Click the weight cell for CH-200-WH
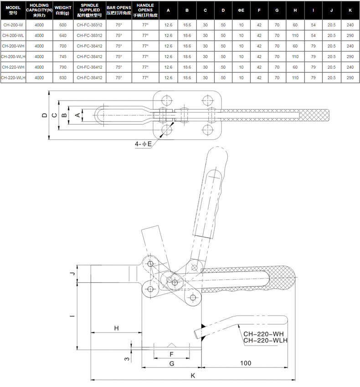pyautogui.click(x=63, y=46)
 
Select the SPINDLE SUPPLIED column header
pyautogui.click(x=89, y=10)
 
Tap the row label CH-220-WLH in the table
pyautogui.click(x=13, y=78)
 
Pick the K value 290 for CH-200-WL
pyautogui.click(x=350, y=36)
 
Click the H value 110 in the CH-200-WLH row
pyautogui.click(x=295, y=56)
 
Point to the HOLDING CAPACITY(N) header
pyautogui.click(x=39, y=10)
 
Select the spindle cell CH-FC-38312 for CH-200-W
pyautogui.click(x=89, y=25)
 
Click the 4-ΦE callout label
pyautogui.click(x=143, y=144)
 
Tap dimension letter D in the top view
pyautogui.click(x=45, y=115)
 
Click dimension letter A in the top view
pyautogui.click(x=77, y=115)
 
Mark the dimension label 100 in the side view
pyautogui.click(x=246, y=363)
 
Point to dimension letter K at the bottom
pyautogui.click(x=193, y=376)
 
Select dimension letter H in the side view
pyautogui.click(x=116, y=328)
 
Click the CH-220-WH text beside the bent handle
pyautogui.click(x=263, y=334)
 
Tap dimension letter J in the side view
pyautogui.click(x=72, y=274)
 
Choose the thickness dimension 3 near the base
pyautogui.click(x=127, y=359)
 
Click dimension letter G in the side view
pyautogui.click(x=172, y=364)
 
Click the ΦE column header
pyautogui.click(x=241, y=10)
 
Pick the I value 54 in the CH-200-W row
pyautogui.click(x=313, y=25)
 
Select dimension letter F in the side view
pyautogui.click(x=171, y=354)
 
